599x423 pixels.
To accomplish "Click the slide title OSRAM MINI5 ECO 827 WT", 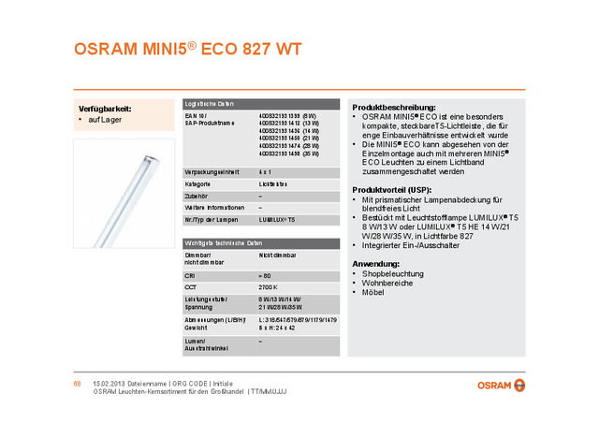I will tap(188, 49).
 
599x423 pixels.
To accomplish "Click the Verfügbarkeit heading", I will tap(105, 109).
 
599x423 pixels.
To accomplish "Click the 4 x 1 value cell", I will tap(265, 172).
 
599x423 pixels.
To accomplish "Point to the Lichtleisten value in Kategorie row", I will tap(273, 183).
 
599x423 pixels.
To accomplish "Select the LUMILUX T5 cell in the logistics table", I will tap(277, 217).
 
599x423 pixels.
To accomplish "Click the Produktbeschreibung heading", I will tap(393, 107).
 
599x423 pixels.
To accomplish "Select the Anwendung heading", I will tap(375, 264).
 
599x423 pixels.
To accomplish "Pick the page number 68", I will tap(79, 384).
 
